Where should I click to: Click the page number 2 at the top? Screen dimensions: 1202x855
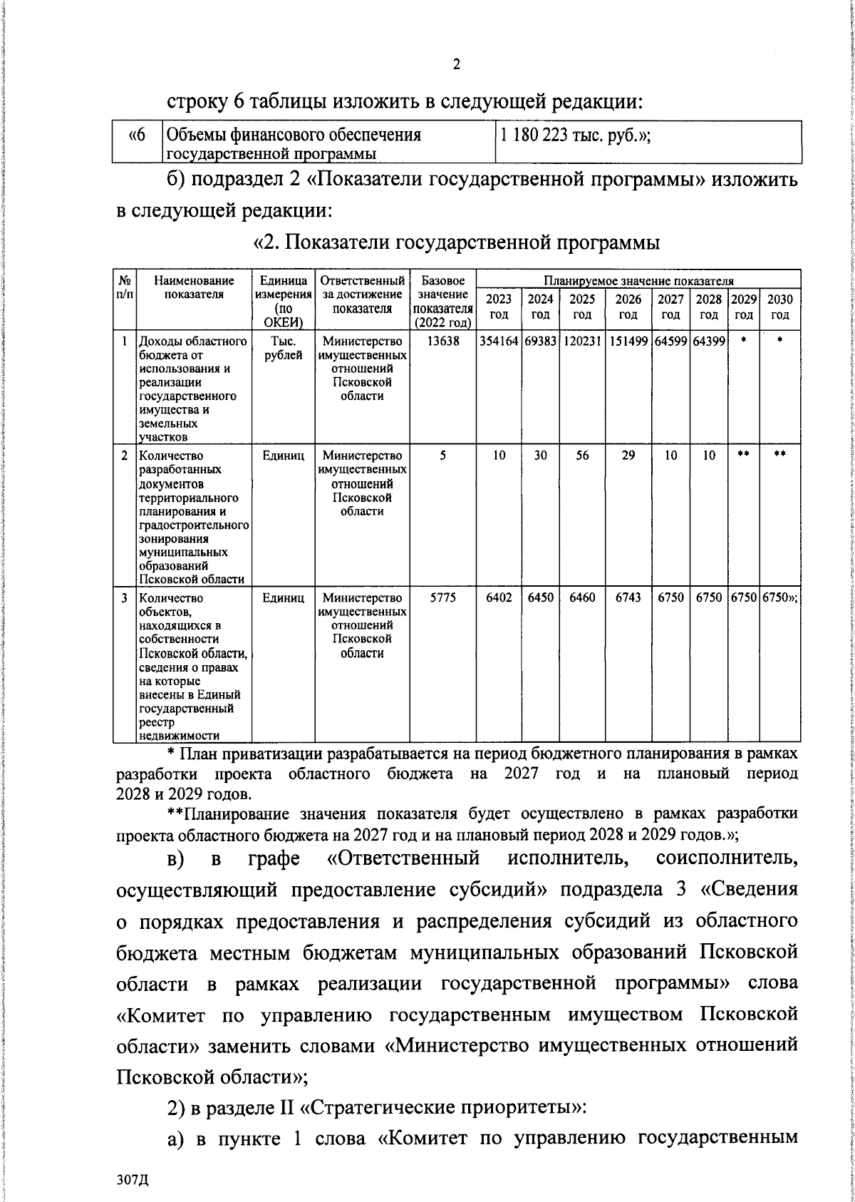(456, 65)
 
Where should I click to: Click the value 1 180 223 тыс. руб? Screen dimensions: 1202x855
(575, 135)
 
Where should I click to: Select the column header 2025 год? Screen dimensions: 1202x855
(582, 307)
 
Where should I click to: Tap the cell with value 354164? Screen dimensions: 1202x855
(499, 341)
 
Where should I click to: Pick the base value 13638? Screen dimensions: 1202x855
(442, 341)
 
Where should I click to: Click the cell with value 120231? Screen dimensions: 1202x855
(582, 341)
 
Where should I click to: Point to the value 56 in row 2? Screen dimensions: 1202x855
(582, 456)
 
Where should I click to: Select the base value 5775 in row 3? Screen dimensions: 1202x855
(442, 597)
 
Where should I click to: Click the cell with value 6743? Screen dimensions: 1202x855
(628, 597)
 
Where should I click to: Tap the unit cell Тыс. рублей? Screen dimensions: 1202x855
(284, 348)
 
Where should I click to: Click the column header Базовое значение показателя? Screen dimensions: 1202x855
(442, 301)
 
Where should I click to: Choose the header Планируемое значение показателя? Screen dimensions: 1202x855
(638, 281)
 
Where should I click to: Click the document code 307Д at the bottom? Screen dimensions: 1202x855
(133, 1180)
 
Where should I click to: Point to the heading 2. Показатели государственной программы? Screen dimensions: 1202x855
(457, 242)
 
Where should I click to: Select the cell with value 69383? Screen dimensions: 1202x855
(541, 341)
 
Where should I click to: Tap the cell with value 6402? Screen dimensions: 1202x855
(499, 597)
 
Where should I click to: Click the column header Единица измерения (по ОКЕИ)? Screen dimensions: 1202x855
(284, 301)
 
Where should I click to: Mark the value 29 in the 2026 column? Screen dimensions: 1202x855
(628, 456)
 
